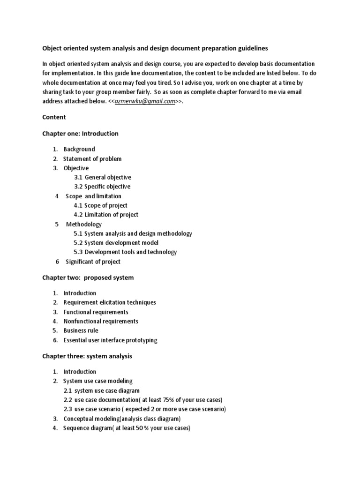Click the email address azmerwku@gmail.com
tap(144, 101)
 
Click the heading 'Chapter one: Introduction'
tap(80, 134)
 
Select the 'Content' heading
tap(54, 117)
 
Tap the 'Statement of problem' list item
tap(92, 158)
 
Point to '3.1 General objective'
tap(102, 177)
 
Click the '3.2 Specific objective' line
tap(102, 187)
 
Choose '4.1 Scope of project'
tap(100, 205)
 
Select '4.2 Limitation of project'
tap(106, 215)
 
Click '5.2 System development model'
tap(116, 243)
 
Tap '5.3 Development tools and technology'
tap(125, 252)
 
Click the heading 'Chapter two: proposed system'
tap(88, 277)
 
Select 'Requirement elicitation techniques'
tap(110, 302)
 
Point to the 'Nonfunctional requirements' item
tap(101, 321)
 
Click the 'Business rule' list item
tap(81, 330)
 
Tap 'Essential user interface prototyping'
tap(110, 340)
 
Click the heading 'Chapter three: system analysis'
tap(87, 356)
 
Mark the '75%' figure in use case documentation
tap(157, 399)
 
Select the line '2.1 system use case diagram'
tap(101, 390)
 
